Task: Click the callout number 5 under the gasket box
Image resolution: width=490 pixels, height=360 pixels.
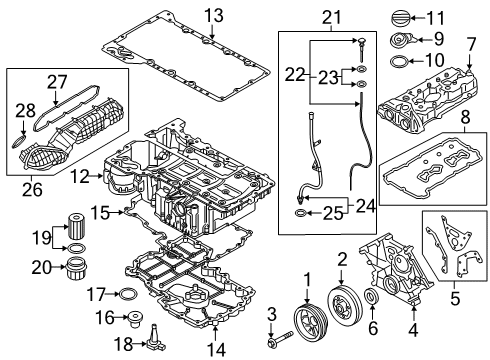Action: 455,297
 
